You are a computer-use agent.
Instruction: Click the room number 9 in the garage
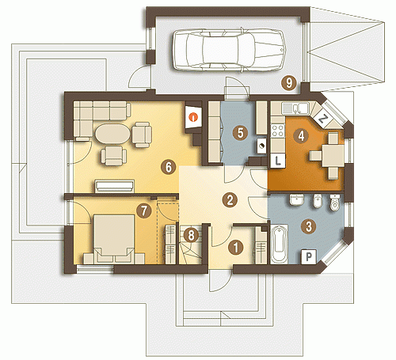289,83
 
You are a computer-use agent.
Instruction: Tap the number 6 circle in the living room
169,167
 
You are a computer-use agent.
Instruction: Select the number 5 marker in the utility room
240,133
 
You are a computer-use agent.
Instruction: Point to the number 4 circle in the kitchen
301,136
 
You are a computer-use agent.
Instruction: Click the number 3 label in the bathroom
308,226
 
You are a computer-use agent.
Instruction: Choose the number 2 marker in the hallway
230,200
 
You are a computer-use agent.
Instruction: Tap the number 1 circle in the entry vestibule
236,248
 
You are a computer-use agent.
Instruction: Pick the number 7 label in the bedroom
144,211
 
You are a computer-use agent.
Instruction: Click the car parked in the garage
229,49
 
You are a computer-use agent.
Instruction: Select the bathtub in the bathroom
280,244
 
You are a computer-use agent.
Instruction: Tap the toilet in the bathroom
335,203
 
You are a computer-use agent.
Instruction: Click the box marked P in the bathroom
309,256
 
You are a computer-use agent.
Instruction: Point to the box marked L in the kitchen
278,161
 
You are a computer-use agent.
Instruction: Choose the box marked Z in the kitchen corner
322,119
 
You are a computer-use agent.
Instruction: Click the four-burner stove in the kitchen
278,131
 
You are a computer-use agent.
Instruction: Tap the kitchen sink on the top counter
295,108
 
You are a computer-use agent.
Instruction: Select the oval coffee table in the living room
112,134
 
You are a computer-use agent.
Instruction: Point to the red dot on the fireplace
194,116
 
